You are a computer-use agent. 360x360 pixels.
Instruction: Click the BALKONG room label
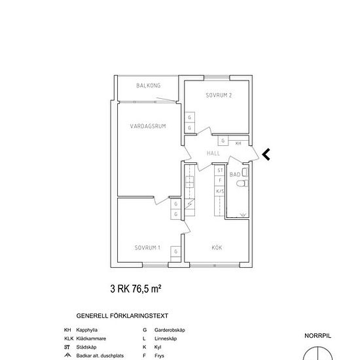click(149, 86)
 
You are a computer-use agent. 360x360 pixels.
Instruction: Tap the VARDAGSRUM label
click(148, 126)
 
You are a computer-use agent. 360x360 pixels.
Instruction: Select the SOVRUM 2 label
click(219, 96)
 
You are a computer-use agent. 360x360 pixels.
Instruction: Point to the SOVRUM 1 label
click(147, 247)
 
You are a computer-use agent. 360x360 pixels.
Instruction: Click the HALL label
click(213, 153)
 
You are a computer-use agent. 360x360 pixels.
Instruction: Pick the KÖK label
click(217, 247)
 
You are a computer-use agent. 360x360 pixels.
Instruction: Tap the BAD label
click(235, 175)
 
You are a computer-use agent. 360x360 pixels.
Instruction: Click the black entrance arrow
click(266, 154)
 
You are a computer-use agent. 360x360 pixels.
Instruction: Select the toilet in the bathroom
click(242, 183)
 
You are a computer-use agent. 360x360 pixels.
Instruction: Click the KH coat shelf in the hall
click(238, 143)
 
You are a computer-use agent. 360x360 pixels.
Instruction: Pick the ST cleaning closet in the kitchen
click(220, 170)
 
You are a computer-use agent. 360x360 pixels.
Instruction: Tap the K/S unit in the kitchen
click(220, 191)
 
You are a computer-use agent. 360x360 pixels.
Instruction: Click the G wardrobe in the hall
click(223, 141)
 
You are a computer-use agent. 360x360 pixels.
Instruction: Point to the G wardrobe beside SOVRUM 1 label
click(175, 251)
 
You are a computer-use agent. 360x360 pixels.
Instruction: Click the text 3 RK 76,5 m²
click(135, 289)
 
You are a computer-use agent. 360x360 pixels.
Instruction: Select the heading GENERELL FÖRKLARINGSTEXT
click(122, 316)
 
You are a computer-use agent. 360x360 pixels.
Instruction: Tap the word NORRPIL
click(317, 336)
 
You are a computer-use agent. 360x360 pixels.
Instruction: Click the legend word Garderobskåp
click(170, 330)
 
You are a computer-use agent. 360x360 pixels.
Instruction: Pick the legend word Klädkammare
click(91, 338)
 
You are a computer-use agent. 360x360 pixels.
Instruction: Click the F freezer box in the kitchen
click(220, 181)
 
